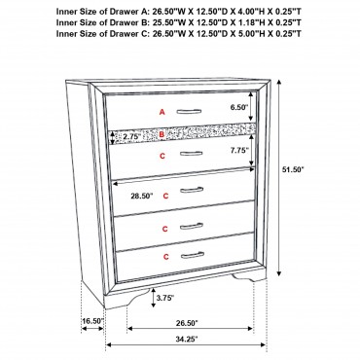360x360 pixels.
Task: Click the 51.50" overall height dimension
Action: (292, 169)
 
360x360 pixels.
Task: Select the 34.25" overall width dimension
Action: (187, 340)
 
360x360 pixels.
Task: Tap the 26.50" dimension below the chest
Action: (187, 323)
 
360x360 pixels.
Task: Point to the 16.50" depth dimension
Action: (92, 321)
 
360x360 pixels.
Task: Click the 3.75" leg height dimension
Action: (165, 298)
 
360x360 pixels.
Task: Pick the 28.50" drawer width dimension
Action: (142, 196)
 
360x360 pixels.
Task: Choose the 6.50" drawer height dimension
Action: (239, 107)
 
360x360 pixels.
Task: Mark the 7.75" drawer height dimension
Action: (239, 150)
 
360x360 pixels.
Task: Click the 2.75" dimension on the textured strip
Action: (131, 136)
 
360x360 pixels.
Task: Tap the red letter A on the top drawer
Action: (162, 112)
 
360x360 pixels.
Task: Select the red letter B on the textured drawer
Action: (162, 134)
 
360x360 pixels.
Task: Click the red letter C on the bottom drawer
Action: (165, 257)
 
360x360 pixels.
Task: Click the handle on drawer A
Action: (189, 112)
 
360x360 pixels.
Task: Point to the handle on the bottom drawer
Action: (193, 255)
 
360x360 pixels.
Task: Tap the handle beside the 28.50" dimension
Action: (192, 190)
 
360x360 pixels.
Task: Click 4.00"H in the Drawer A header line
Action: (248, 12)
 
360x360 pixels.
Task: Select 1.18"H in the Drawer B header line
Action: (248, 22)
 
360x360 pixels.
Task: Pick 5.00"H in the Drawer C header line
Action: (248, 33)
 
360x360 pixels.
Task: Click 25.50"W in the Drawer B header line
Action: (164, 22)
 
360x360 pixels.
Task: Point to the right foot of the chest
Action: (249, 276)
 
